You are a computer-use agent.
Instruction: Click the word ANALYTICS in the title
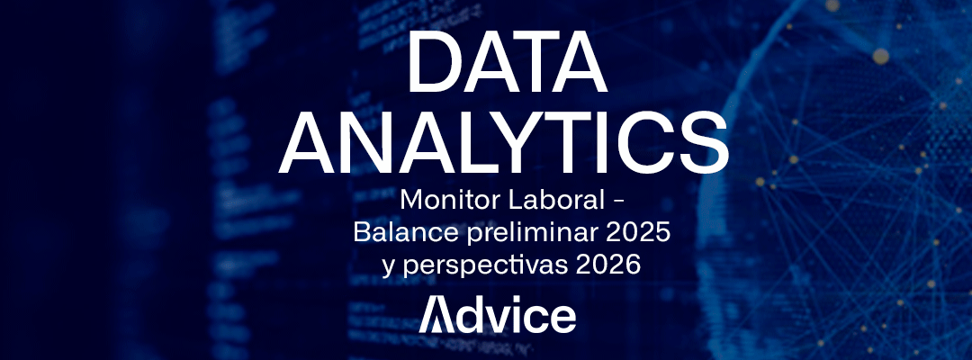coord(503,145)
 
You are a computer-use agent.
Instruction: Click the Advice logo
coord(498,316)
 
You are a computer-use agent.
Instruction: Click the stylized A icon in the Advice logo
coord(436,316)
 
